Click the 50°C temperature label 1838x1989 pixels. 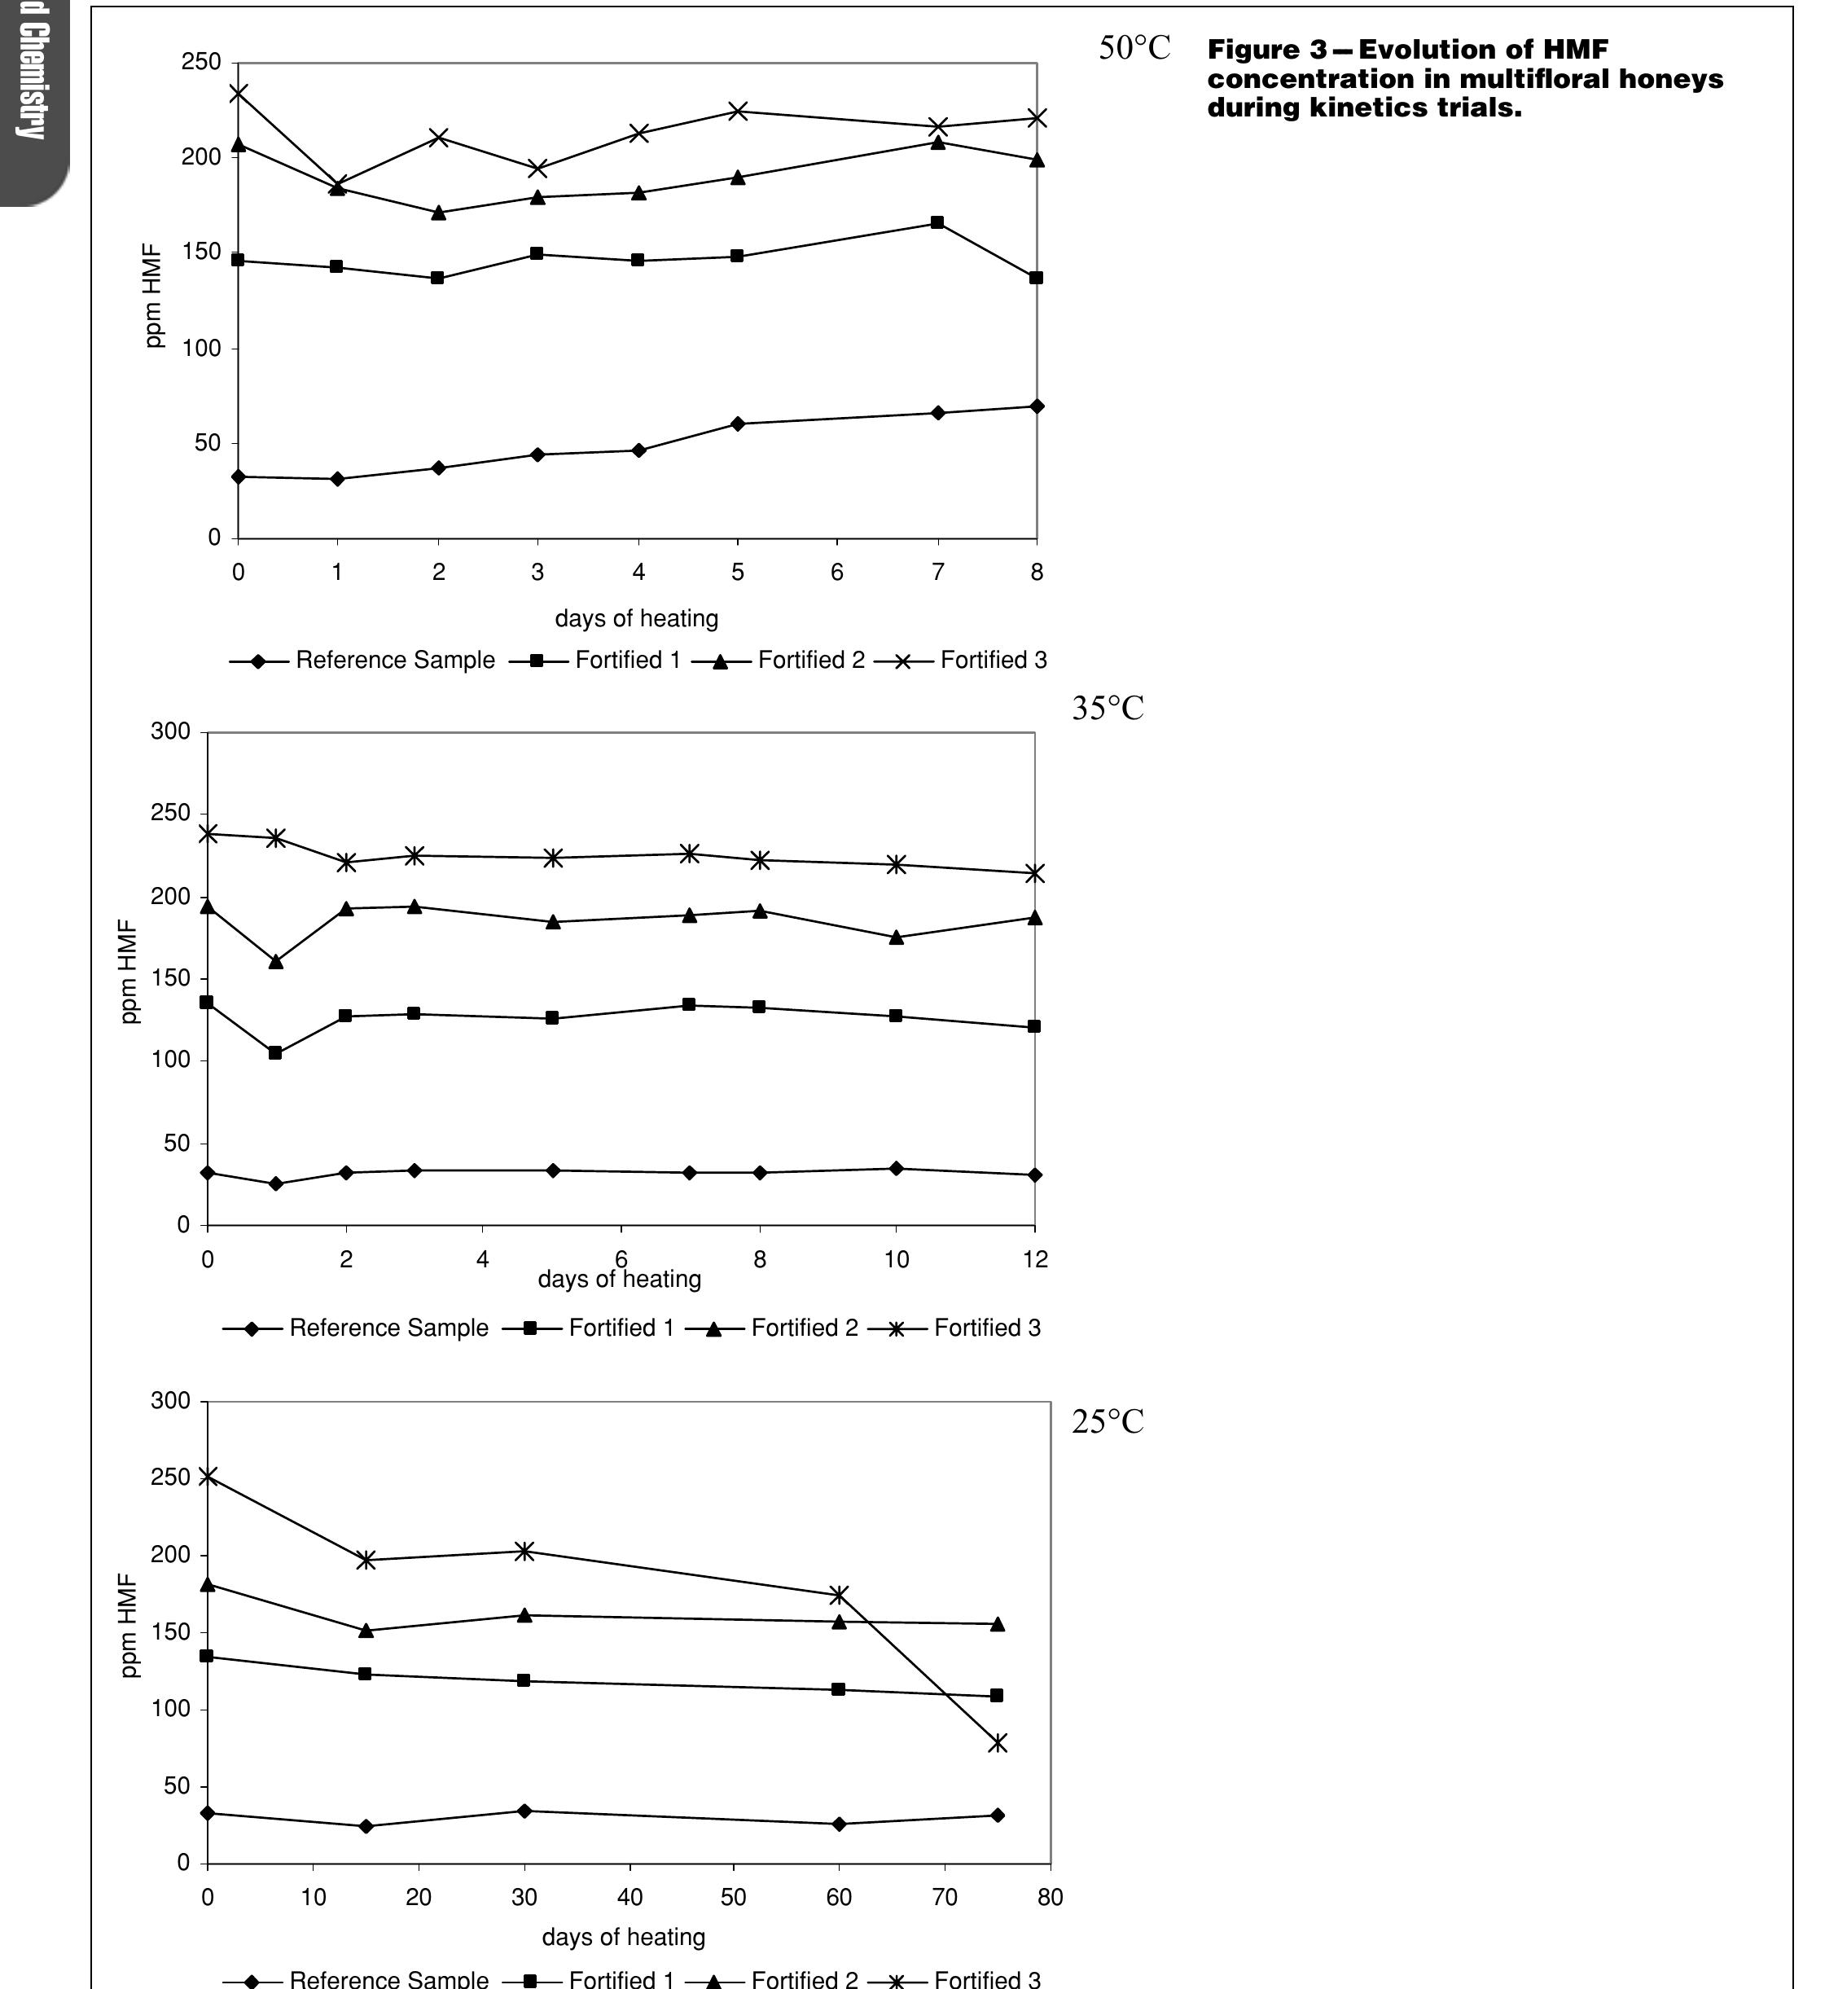pyautogui.click(x=1134, y=49)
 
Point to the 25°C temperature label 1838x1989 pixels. pyautogui.click(x=1107, y=1422)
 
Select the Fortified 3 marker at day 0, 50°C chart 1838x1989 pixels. pyautogui.click(x=239, y=94)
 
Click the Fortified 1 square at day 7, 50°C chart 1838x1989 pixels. pyautogui.click(x=937, y=223)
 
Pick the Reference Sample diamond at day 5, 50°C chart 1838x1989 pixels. pyautogui.click(x=737, y=424)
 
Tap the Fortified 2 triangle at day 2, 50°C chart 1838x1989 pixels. pyautogui.click(x=437, y=213)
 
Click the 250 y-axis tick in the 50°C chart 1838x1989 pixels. pyautogui.click(x=201, y=62)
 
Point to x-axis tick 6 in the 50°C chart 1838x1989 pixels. pyautogui.click(x=836, y=572)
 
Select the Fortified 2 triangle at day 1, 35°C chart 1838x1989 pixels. pyautogui.click(x=275, y=962)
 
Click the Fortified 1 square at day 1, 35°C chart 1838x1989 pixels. pyautogui.click(x=275, y=1053)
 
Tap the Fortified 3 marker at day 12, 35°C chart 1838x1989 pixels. pyautogui.click(x=1034, y=873)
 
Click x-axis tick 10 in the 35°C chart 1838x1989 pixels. pyautogui.click(x=896, y=1259)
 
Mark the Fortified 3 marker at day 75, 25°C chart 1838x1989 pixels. pyautogui.click(x=998, y=1742)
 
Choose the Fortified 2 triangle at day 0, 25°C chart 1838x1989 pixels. pyautogui.click(x=207, y=1584)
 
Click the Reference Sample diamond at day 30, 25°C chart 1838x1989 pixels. pyautogui.click(x=524, y=1811)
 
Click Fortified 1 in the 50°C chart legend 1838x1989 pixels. pyautogui.click(x=626, y=661)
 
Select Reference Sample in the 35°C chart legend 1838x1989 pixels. pyautogui.click(x=388, y=1328)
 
